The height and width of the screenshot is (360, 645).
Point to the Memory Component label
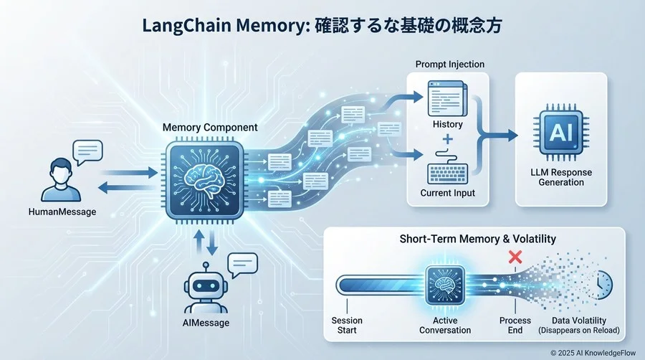pyautogui.click(x=210, y=127)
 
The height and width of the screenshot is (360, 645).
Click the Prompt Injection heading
pyautogui.click(x=449, y=65)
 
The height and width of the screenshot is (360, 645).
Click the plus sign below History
pyautogui.click(x=449, y=138)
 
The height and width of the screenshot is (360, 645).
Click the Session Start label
pyautogui.click(x=347, y=325)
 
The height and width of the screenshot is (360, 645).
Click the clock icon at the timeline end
pyautogui.click(x=603, y=286)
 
